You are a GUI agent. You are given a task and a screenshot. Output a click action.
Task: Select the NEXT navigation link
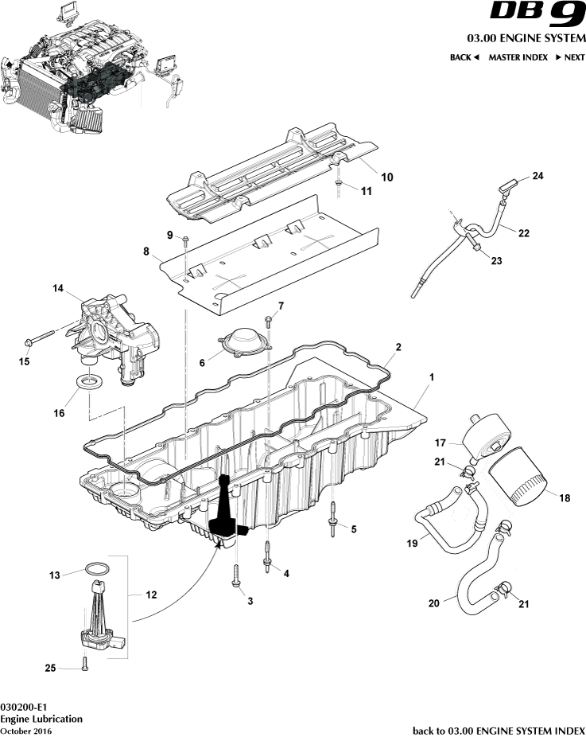[570, 57]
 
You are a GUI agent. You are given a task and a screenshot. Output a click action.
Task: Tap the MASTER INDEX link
[518, 57]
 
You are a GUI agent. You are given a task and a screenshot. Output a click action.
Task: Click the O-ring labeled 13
[96, 570]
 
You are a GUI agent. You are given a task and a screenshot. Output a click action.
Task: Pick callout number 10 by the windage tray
[386, 177]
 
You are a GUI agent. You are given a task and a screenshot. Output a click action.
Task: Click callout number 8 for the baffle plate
[146, 252]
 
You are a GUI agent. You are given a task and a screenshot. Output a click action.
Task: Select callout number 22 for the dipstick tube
[523, 233]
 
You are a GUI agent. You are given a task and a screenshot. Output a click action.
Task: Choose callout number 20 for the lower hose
[433, 603]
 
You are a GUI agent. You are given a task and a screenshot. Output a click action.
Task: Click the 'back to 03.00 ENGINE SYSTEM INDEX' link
[499, 730]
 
